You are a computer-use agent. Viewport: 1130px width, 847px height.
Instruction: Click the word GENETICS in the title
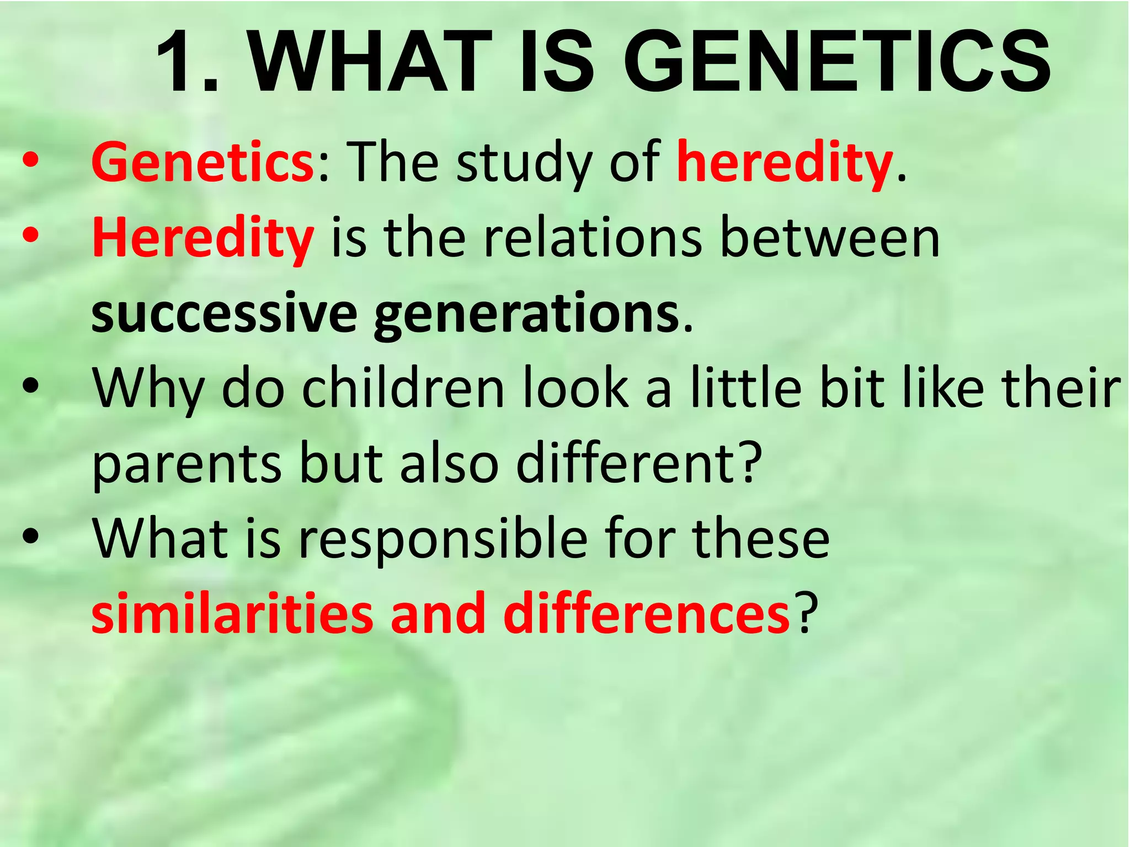pyautogui.click(x=836, y=61)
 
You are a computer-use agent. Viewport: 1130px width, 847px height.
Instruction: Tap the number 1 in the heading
pyautogui.click(x=178, y=61)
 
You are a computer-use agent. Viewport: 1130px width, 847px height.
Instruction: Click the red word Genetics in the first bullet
pyautogui.click(x=202, y=163)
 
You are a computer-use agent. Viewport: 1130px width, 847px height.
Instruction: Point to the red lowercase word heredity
pyautogui.click(x=785, y=163)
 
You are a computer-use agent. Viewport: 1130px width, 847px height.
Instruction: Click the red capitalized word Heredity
pyautogui.click(x=202, y=239)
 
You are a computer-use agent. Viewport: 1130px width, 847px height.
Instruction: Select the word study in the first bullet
pyautogui.click(x=523, y=163)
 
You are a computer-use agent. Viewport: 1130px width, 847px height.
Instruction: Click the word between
pyautogui.click(x=830, y=239)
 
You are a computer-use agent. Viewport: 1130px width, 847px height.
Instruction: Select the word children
pyautogui.click(x=403, y=389)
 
